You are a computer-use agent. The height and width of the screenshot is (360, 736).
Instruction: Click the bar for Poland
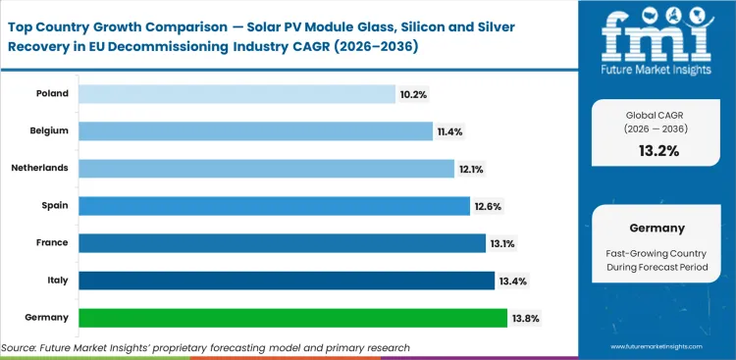tap(237, 94)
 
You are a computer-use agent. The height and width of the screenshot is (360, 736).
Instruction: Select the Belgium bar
tap(255, 131)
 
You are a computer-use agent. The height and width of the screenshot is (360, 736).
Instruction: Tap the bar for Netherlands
tap(266, 169)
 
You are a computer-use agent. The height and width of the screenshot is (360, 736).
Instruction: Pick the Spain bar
tap(274, 206)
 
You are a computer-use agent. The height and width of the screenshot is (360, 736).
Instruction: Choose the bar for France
tap(282, 243)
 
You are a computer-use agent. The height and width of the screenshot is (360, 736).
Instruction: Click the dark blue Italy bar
tap(287, 281)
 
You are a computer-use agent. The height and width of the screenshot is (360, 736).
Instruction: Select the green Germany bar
tap(292, 318)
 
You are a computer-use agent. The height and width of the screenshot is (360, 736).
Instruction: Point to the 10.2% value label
tap(413, 94)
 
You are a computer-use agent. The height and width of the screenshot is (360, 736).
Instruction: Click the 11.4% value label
tap(450, 131)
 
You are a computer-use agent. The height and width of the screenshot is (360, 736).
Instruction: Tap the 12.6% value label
tap(488, 206)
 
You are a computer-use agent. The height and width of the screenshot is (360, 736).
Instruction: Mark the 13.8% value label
tap(525, 318)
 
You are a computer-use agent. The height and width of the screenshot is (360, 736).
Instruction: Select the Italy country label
tap(56, 281)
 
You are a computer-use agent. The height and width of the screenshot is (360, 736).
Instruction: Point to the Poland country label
tap(52, 94)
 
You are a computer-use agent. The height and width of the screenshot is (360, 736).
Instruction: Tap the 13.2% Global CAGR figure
tap(655, 151)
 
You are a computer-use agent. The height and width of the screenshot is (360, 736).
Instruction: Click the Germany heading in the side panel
tap(655, 228)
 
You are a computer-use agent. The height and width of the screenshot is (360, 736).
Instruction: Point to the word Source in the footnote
tap(20, 347)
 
